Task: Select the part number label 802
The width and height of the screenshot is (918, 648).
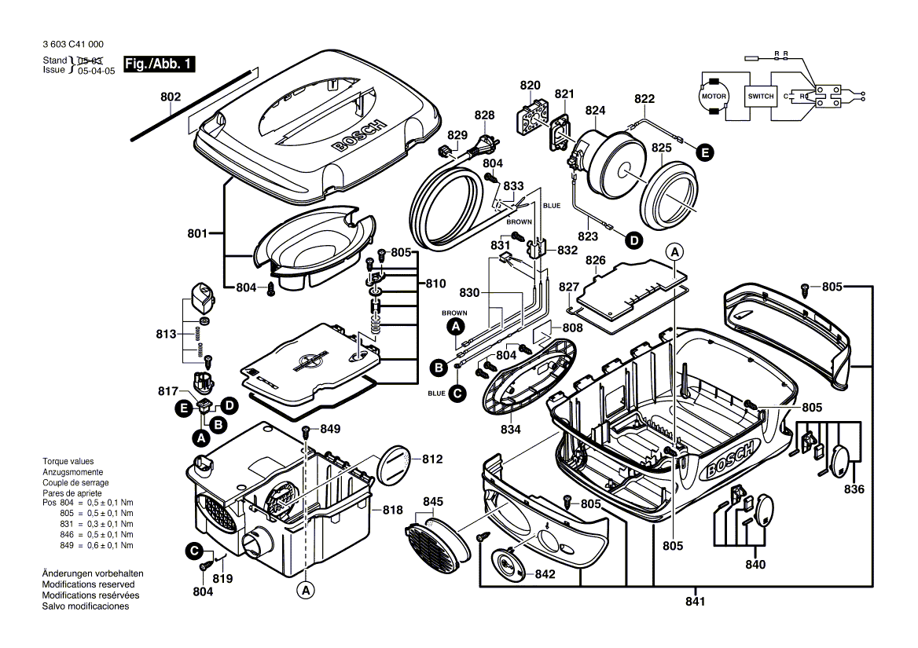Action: (171, 97)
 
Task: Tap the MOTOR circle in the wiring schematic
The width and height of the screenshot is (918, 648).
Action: (714, 96)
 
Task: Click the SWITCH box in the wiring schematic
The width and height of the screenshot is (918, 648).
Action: (761, 96)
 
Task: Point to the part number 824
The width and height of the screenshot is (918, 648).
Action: (595, 110)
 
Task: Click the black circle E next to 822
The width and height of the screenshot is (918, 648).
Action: (704, 153)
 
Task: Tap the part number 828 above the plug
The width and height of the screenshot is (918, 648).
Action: (484, 115)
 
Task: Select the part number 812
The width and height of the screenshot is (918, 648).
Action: (433, 459)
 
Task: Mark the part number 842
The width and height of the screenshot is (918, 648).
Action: (545, 574)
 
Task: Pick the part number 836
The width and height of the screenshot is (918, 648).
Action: (854, 489)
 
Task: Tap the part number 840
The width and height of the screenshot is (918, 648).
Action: (755, 564)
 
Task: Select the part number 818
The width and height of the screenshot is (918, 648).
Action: (392, 510)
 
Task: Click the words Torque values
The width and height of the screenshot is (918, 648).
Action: (68, 461)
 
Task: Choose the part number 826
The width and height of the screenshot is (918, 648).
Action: (617, 260)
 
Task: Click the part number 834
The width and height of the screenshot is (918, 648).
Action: (511, 430)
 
